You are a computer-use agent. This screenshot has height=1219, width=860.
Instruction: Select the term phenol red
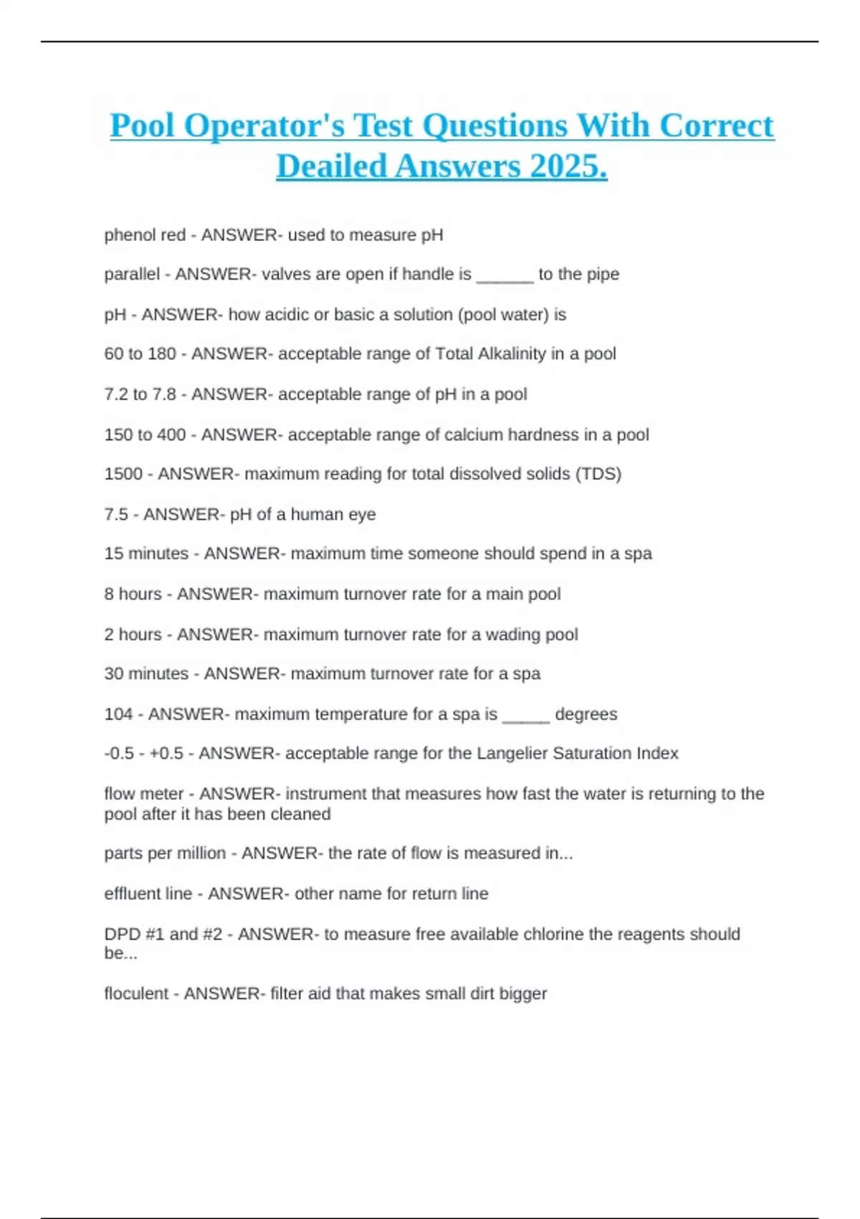(x=145, y=235)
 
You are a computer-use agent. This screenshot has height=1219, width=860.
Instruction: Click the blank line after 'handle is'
(x=505, y=275)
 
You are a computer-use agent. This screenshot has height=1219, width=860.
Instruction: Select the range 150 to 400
(x=145, y=435)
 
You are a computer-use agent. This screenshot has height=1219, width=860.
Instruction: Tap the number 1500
(x=123, y=474)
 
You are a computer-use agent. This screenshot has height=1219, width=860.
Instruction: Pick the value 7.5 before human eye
(x=116, y=514)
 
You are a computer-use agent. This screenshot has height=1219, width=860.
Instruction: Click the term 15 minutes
(x=146, y=554)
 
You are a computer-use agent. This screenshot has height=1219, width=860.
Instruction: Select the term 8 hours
(x=133, y=594)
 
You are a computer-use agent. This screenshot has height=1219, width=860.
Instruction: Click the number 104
(x=118, y=714)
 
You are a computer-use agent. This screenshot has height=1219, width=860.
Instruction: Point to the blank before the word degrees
(x=526, y=716)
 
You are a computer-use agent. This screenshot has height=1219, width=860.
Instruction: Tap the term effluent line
(x=148, y=893)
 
